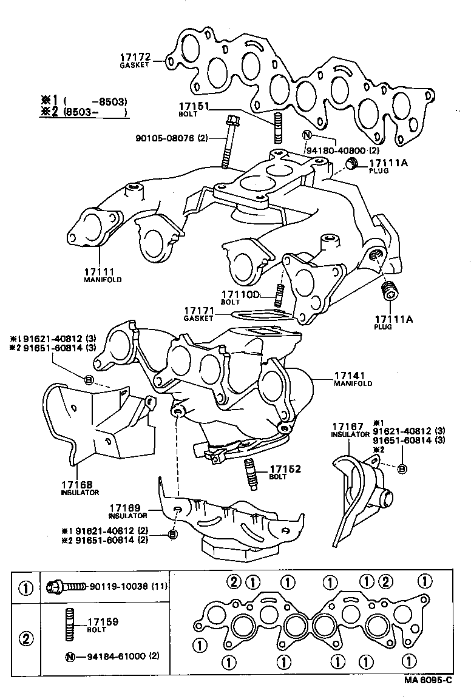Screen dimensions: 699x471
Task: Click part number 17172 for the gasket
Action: point(135,58)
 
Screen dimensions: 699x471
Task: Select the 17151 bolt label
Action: point(194,107)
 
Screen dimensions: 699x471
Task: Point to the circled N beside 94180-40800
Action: point(307,135)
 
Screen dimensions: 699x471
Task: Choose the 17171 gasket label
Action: point(199,311)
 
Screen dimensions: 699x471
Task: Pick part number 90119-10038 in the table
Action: point(117,587)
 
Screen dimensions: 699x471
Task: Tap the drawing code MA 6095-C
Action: point(429,680)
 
